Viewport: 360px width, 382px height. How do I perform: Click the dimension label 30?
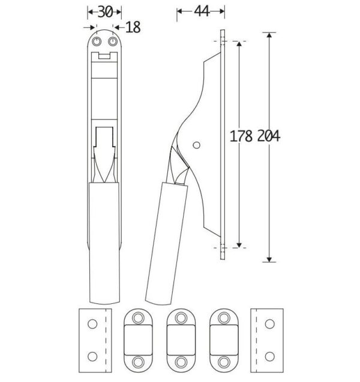[x=105, y=11]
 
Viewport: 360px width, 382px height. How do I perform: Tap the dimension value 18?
[x=133, y=27]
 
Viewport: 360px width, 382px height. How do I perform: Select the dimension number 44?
[x=202, y=11]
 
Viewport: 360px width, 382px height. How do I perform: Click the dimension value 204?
[x=269, y=136]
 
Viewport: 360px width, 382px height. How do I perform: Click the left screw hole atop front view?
[x=97, y=41]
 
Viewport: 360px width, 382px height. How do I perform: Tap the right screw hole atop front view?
[x=112, y=41]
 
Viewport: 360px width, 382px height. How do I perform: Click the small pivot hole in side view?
[x=196, y=145]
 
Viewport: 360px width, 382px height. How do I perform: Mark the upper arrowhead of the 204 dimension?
[x=269, y=35]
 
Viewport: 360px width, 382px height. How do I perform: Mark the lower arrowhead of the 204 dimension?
[x=269, y=259]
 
